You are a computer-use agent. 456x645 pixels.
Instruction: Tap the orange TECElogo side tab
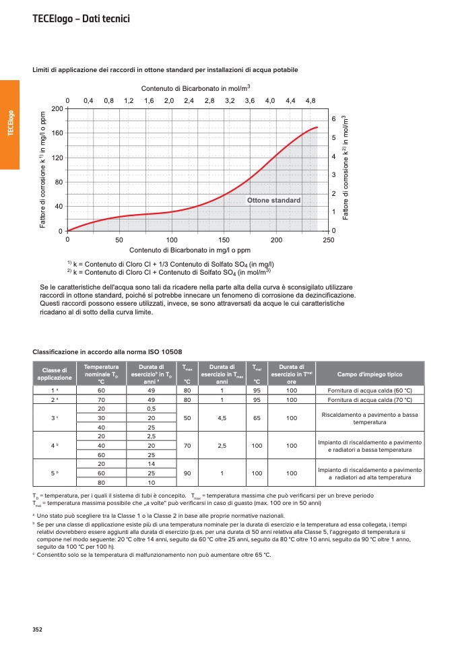(10, 124)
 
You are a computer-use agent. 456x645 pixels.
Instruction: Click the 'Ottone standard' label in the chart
(273, 201)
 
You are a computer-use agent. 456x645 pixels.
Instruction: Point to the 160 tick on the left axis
(57, 133)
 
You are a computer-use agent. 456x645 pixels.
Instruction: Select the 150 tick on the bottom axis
(224, 240)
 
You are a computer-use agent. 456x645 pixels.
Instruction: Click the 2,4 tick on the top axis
(189, 100)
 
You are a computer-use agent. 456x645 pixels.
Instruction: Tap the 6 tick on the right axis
(333, 119)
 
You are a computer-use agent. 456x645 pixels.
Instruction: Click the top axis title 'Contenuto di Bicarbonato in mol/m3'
(196, 88)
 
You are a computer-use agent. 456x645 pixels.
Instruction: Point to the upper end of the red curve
(317, 127)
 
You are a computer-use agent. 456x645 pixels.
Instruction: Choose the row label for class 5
(55, 473)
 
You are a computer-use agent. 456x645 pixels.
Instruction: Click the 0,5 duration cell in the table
(152, 409)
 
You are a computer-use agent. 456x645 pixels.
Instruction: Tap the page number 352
(38, 630)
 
